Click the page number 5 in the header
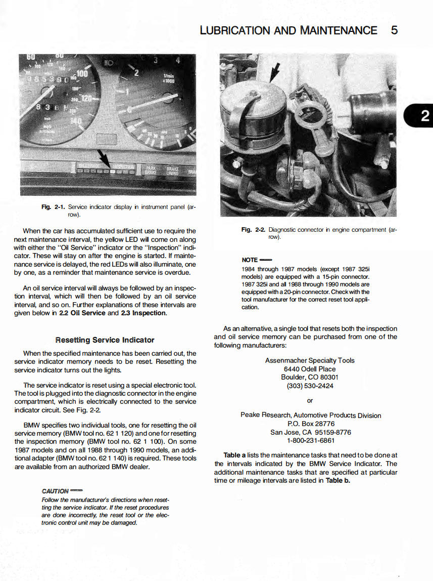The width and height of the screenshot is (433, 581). (x=394, y=30)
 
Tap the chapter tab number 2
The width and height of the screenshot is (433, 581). (x=425, y=117)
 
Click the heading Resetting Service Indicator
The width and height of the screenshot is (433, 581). (x=105, y=340)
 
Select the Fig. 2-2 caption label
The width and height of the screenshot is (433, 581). (x=254, y=230)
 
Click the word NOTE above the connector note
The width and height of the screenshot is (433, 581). (x=250, y=260)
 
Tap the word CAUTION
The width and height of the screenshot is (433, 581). (x=55, y=490)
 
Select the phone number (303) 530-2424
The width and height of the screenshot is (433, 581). (x=310, y=386)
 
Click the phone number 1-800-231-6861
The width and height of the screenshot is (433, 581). (x=310, y=441)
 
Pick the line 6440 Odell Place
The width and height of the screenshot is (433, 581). (x=310, y=369)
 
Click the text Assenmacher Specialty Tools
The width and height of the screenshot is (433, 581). (x=310, y=360)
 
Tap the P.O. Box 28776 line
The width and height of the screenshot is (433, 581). (x=311, y=424)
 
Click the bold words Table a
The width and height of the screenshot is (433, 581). (x=234, y=455)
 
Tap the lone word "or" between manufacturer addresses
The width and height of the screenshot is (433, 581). (x=310, y=400)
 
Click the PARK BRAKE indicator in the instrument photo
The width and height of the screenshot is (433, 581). (x=151, y=170)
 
